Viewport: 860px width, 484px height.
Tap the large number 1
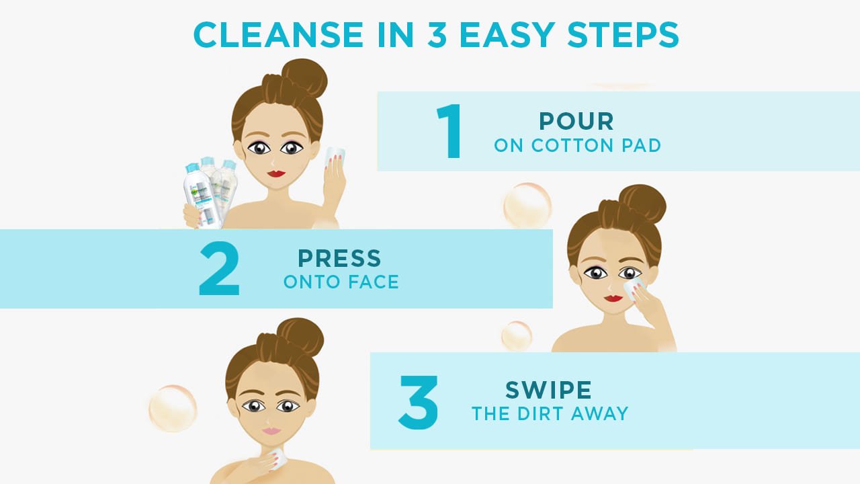point(449,131)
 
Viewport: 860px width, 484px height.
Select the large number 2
point(220,269)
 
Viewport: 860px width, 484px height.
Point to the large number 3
point(418,402)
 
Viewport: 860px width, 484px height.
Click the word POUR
point(576,122)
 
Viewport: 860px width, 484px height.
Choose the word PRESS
point(339,258)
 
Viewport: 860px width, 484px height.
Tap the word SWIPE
point(548,390)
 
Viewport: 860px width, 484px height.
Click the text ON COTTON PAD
point(577,145)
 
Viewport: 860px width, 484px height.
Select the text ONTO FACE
point(341,282)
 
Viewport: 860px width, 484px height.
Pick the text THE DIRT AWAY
point(550,413)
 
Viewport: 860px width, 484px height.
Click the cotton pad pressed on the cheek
point(633,288)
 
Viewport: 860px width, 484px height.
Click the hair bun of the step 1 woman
point(304,79)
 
